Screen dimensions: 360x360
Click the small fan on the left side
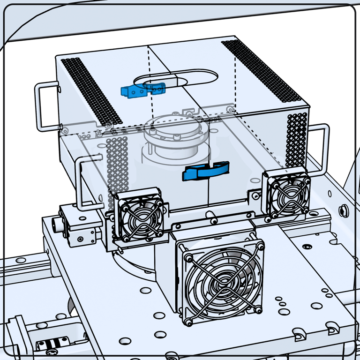click(138, 217)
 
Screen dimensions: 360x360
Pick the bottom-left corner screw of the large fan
click(189, 322)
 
